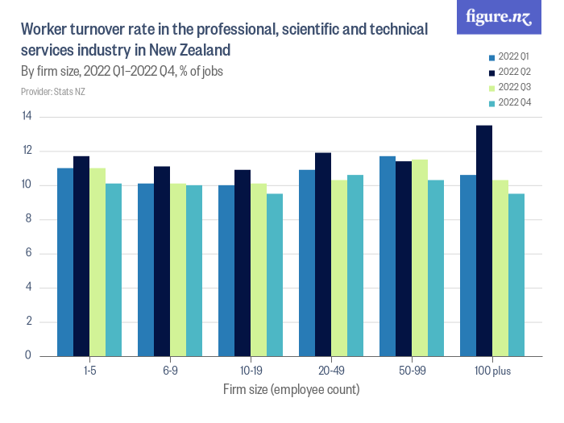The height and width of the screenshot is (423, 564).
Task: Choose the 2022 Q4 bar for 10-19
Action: click(275, 275)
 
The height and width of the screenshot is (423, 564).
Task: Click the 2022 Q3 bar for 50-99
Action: click(420, 257)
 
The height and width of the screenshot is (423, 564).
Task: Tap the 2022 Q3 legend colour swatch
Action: click(492, 87)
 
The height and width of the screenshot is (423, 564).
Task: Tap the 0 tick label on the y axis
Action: click(28, 355)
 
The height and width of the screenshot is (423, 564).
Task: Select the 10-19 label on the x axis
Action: click(251, 371)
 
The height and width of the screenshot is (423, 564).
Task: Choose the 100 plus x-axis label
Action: click(492, 371)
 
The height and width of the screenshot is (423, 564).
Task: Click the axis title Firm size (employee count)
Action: click(291, 389)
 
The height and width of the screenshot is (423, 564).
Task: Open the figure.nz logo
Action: click(499, 18)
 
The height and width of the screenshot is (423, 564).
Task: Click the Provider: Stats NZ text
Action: click(52, 92)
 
